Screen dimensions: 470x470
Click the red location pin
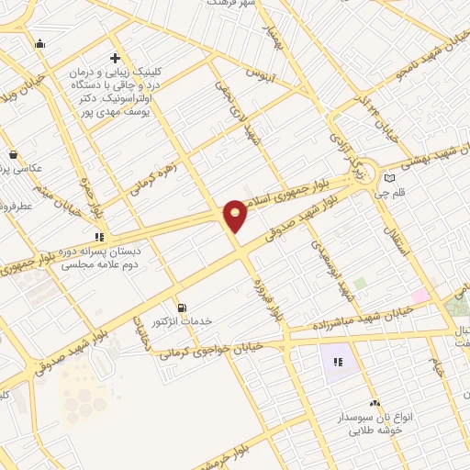point(236,215)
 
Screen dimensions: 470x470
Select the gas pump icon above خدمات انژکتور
point(181,307)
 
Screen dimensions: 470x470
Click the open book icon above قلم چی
point(390,177)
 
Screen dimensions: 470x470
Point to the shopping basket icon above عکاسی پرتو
point(12,154)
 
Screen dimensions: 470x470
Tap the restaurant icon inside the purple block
point(338,362)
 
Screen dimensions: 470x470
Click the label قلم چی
point(401,194)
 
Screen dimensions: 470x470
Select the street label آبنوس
point(263,72)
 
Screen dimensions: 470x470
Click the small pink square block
point(420,296)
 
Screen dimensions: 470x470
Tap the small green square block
point(360,283)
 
